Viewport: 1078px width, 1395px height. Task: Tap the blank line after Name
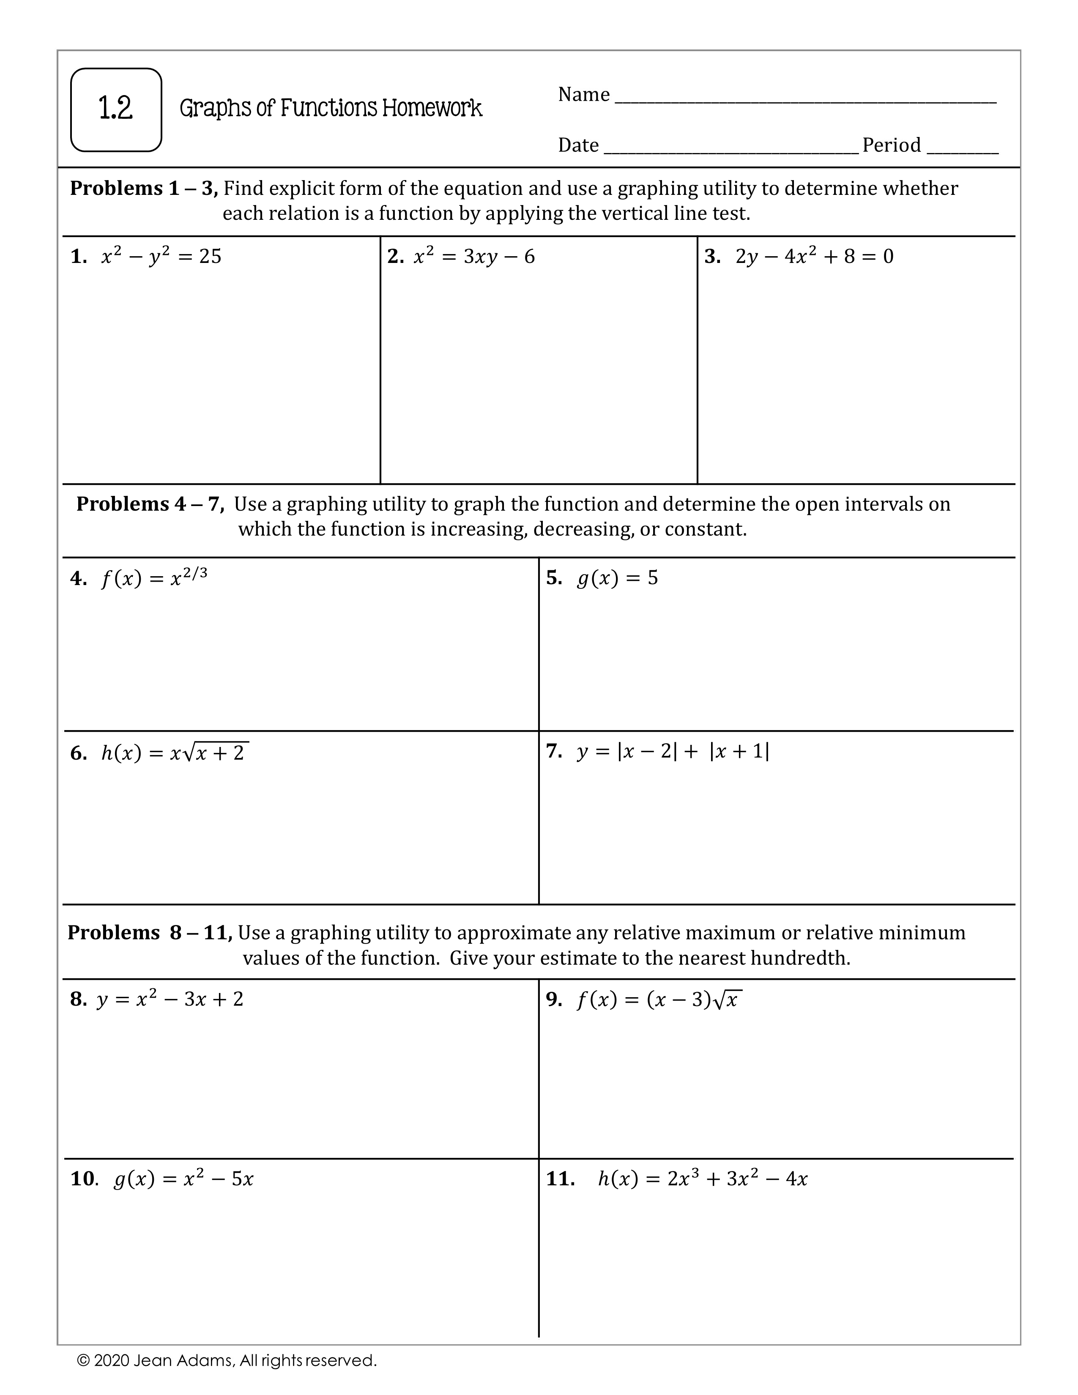(804, 100)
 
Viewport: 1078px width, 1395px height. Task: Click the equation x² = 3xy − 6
(474, 256)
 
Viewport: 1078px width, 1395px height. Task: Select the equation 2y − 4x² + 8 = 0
(814, 256)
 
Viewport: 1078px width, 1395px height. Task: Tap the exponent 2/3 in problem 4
(195, 573)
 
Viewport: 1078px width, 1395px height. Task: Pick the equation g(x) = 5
(617, 578)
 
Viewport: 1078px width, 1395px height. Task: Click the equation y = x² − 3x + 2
(170, 999)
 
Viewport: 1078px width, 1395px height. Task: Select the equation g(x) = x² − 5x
(183, 1179)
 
